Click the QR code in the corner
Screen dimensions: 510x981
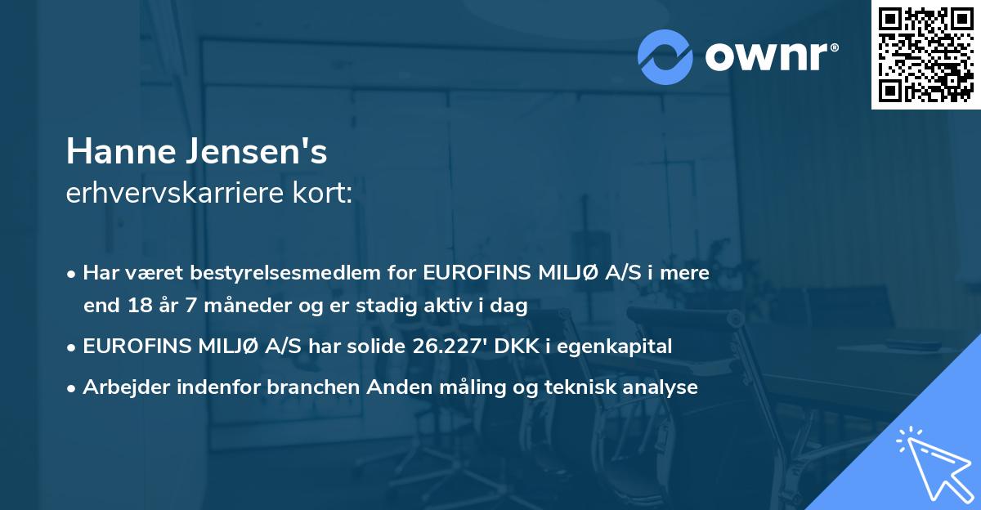(925, 55)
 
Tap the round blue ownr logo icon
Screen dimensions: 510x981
(665, 56)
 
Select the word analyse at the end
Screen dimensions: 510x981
(665, 387)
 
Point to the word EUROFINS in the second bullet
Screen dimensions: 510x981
(132, 347)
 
